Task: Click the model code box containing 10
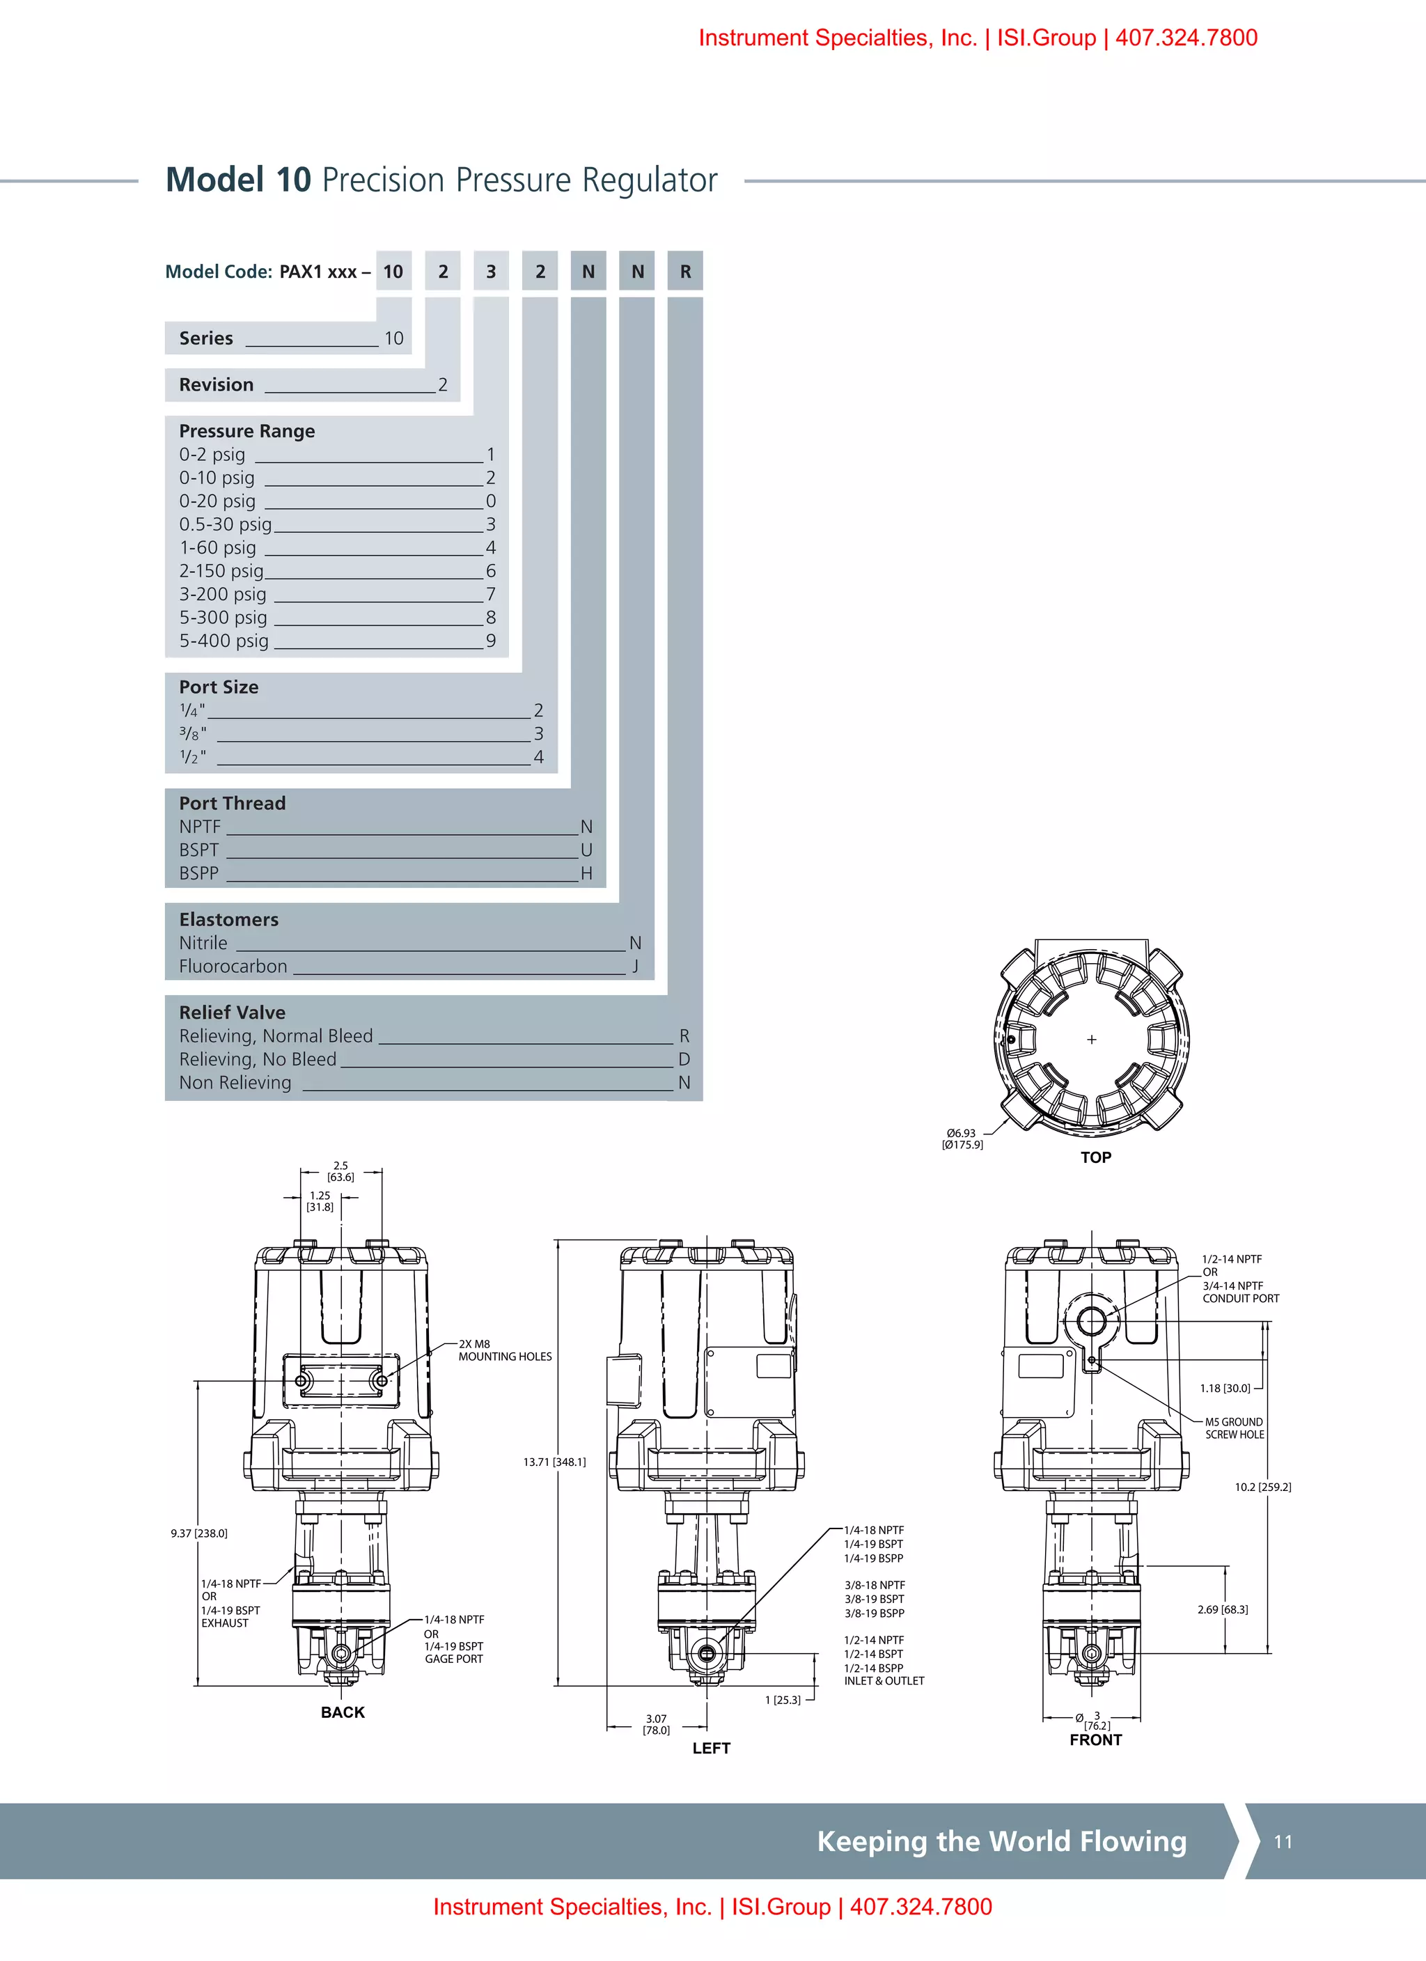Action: tap(393, 272)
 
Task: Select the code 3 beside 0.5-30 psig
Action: tap(490, 524)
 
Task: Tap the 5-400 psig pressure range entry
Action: tap(224, 641)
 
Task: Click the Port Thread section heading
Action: tap(232, 803)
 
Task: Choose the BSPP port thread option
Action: tap(199, 873)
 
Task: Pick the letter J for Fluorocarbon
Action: tap(636, 966)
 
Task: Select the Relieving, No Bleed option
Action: tap(258, 1059)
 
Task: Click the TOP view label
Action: tap(1096, 1158)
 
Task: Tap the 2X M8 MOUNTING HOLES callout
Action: tap(504, 1350)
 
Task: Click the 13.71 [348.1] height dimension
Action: tap(554, 1462)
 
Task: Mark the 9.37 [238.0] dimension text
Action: tap(199, 1533)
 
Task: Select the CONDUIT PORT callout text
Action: tap(1240, 1298)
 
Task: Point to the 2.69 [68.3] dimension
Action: tap(1222, 1609)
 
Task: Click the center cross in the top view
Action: tap(1091, 1039)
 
